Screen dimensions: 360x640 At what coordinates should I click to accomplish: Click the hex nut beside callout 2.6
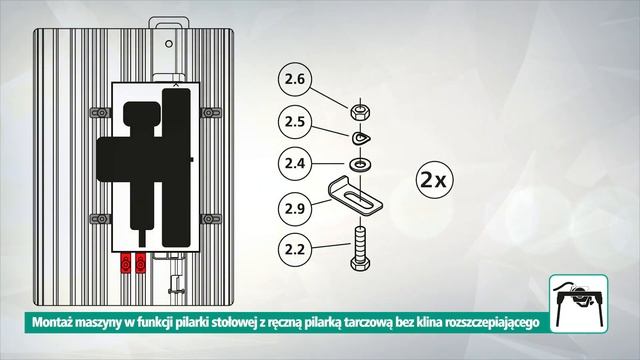357,107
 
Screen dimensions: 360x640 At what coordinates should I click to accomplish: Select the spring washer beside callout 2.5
358,136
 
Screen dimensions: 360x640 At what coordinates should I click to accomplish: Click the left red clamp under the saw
126,262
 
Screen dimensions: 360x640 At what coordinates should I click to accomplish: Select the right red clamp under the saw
140,262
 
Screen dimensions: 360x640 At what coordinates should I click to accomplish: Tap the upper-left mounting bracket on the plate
100,111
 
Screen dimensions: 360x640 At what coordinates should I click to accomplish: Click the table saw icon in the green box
580,295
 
